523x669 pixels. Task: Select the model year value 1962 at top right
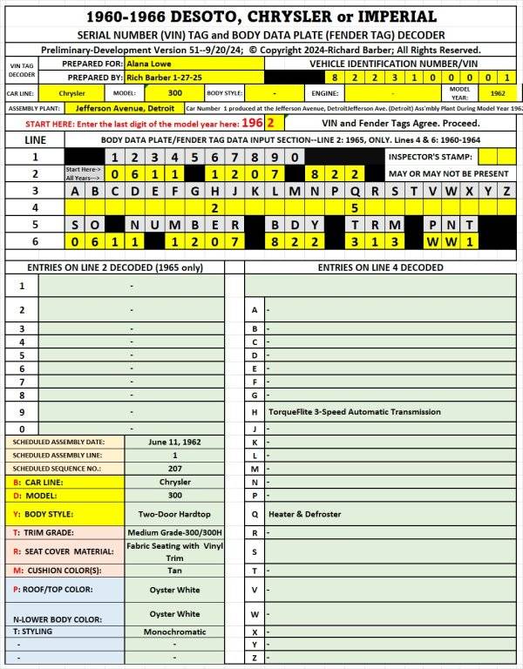[498, 92]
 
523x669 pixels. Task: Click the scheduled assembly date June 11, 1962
[174, 442]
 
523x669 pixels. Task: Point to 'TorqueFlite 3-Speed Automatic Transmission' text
[354, 411]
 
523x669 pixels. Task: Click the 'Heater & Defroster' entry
[304, 514]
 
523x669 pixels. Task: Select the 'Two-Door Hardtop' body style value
[174, 513]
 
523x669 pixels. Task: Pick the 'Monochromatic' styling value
[174, 632]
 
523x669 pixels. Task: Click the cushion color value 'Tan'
[174, 570]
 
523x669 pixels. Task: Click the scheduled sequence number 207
[174, 468]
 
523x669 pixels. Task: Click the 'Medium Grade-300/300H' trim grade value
[174, 532]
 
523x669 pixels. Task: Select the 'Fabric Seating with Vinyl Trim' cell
[174, 551]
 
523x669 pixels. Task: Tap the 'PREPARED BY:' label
[87, 77]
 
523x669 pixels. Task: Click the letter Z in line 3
[506, 191]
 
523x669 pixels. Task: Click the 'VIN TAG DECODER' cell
[22, 70]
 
